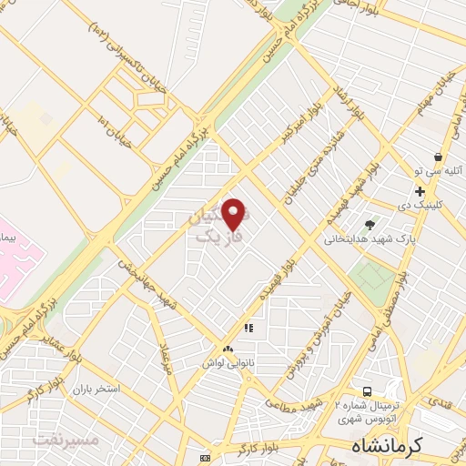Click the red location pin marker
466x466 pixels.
pos(233,215)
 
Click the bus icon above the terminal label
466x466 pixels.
pos(367,389)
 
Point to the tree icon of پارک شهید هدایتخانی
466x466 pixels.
pos(369,225)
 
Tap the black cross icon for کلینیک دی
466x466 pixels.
pos(420,191)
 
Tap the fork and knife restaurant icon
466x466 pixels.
pos(248,328)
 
